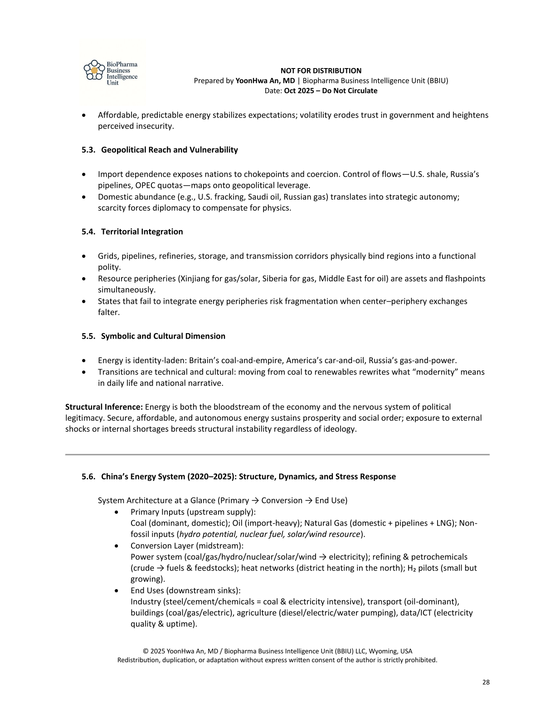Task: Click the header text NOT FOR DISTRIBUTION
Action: [x=321, y=71]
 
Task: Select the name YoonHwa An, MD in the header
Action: [x=265, y=81]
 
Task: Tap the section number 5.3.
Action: [x=88, y=150]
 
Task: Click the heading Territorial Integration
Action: [x=142, y=231]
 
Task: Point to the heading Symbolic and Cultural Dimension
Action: [x=163, y=336]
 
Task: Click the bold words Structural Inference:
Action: [x=104, y=407]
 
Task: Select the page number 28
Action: [x=486, y=682]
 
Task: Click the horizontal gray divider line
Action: [x=277, y=454]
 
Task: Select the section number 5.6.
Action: [x=88, y=477]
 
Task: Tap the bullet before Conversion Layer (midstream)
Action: [x=117, y=546]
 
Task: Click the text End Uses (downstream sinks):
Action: [x=185, y=591]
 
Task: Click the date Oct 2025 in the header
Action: [x=300, y=91]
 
